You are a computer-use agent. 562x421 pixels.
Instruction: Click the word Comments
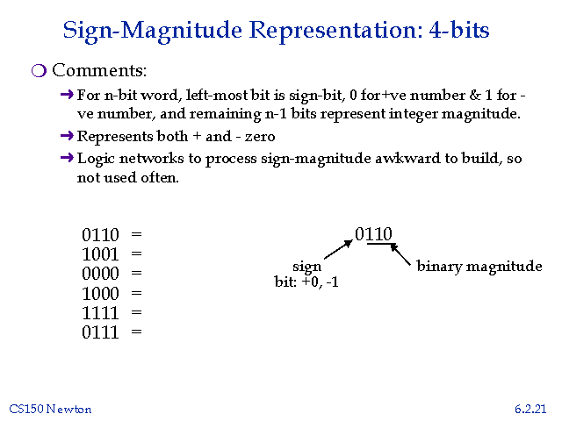click(99, 70)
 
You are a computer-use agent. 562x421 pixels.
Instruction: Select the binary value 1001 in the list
click(100, 254)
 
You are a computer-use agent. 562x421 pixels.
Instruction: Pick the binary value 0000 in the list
click(100, 274)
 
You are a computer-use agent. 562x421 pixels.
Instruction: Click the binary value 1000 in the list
click(100, 293)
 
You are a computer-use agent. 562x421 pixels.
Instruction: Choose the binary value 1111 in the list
click(100, 312)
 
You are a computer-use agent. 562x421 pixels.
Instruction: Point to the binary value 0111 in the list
click(100, 332)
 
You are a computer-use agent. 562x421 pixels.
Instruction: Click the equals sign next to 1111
click(136, 312)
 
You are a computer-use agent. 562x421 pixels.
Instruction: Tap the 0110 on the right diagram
click(373, 233)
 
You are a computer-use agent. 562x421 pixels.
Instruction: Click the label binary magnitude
click(479, 266)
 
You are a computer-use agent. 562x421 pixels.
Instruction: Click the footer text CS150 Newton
click(50, 409)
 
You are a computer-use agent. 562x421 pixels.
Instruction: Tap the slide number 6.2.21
click(531, 409)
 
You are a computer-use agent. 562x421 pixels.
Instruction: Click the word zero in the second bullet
click(258, 136)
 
